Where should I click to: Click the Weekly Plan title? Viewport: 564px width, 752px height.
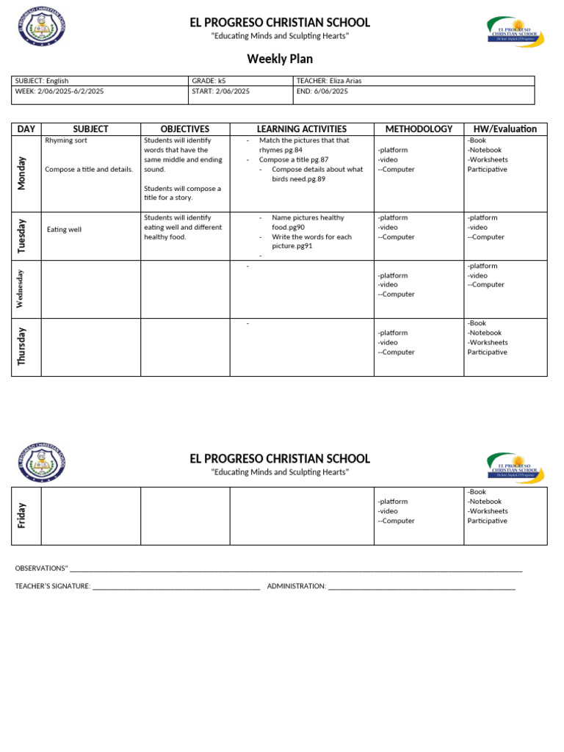280,59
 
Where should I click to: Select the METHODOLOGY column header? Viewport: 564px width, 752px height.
419,129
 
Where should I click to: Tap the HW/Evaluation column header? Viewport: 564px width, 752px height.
505,129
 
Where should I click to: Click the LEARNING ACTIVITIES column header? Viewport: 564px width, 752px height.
301,129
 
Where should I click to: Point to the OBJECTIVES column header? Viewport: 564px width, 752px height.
185,129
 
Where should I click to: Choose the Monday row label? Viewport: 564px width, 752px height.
22,173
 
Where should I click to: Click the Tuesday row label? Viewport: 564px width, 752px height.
22,236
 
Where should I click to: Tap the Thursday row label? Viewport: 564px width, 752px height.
22,347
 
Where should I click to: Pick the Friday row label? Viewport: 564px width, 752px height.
22,516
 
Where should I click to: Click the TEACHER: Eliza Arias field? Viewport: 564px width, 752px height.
329,81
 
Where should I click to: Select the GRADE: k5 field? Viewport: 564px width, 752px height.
209,81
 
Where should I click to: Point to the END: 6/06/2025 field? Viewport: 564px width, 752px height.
322,91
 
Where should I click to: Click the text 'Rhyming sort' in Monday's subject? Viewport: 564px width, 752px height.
66,140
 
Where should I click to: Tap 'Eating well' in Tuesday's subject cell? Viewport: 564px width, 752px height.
65,230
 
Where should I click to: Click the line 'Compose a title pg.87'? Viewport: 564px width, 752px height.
293,159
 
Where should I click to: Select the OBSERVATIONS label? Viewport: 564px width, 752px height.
41,568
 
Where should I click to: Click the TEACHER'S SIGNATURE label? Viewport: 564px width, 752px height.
53,586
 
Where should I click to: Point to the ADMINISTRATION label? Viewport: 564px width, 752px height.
297,586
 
